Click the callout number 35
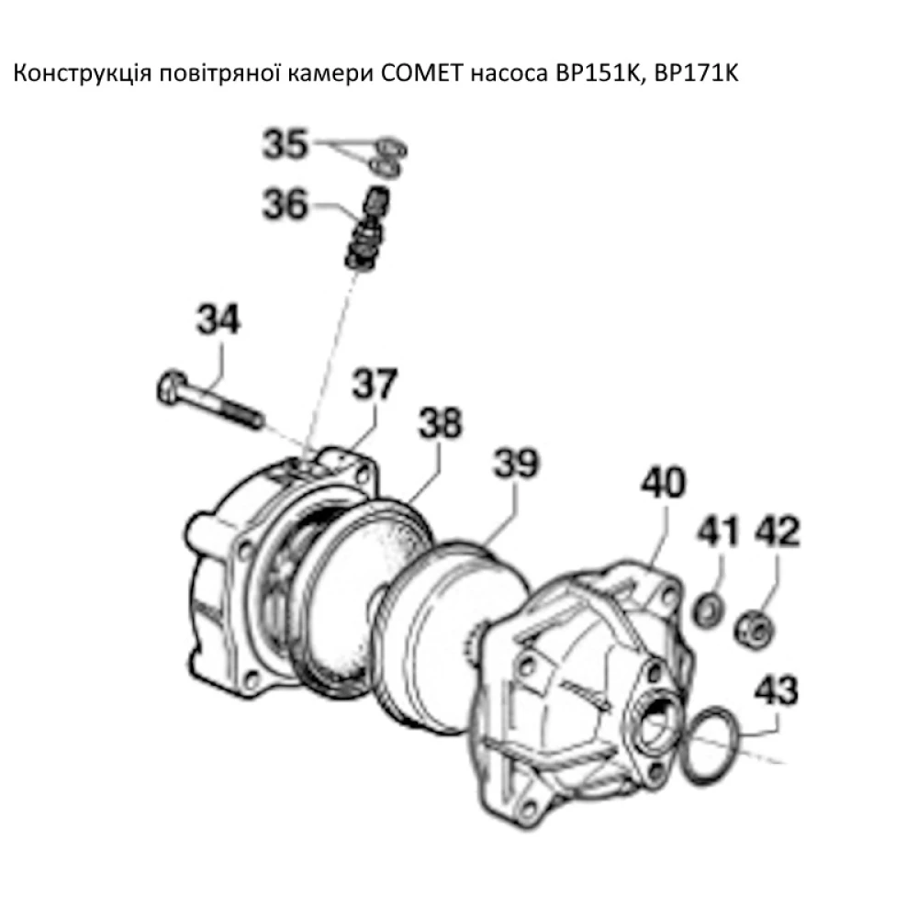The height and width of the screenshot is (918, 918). pos(286,146)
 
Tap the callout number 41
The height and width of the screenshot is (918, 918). pos(720,532)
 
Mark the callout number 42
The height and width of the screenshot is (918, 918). pos(777,532)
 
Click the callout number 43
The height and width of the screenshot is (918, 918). pos(777,689)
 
